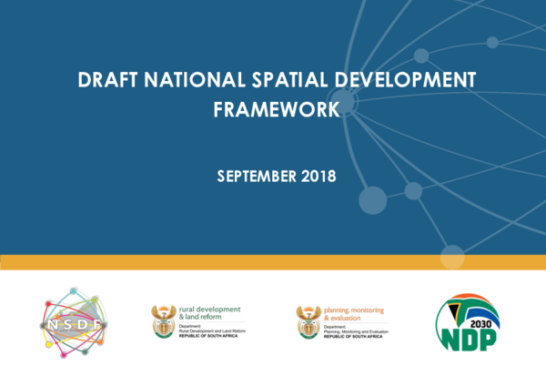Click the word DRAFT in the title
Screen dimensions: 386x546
tap(101, 80)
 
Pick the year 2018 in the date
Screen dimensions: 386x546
tap(318, 176)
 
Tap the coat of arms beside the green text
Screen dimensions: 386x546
tap(164, 320)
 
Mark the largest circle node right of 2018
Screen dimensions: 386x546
tap(373, 199)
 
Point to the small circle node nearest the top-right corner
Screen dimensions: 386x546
tap(492, 42)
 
